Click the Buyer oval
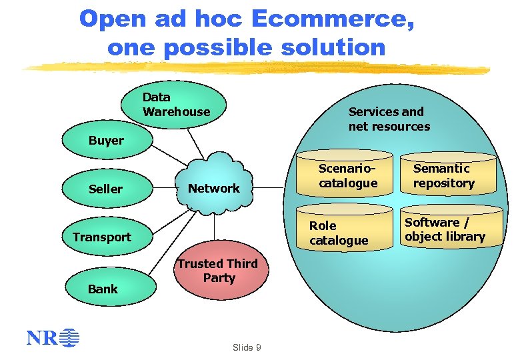click(x=107, y=140)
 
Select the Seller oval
click(x=106, y=189)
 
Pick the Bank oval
click(x=103, y=289)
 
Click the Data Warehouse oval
click(x=175, y=105)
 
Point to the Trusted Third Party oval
click(x=217, y=271)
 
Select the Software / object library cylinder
click(x=445, y=229)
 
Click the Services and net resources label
click(x=389, y=119)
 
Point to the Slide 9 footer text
click(x=247, y=347)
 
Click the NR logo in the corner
click(x=53, y=338)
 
